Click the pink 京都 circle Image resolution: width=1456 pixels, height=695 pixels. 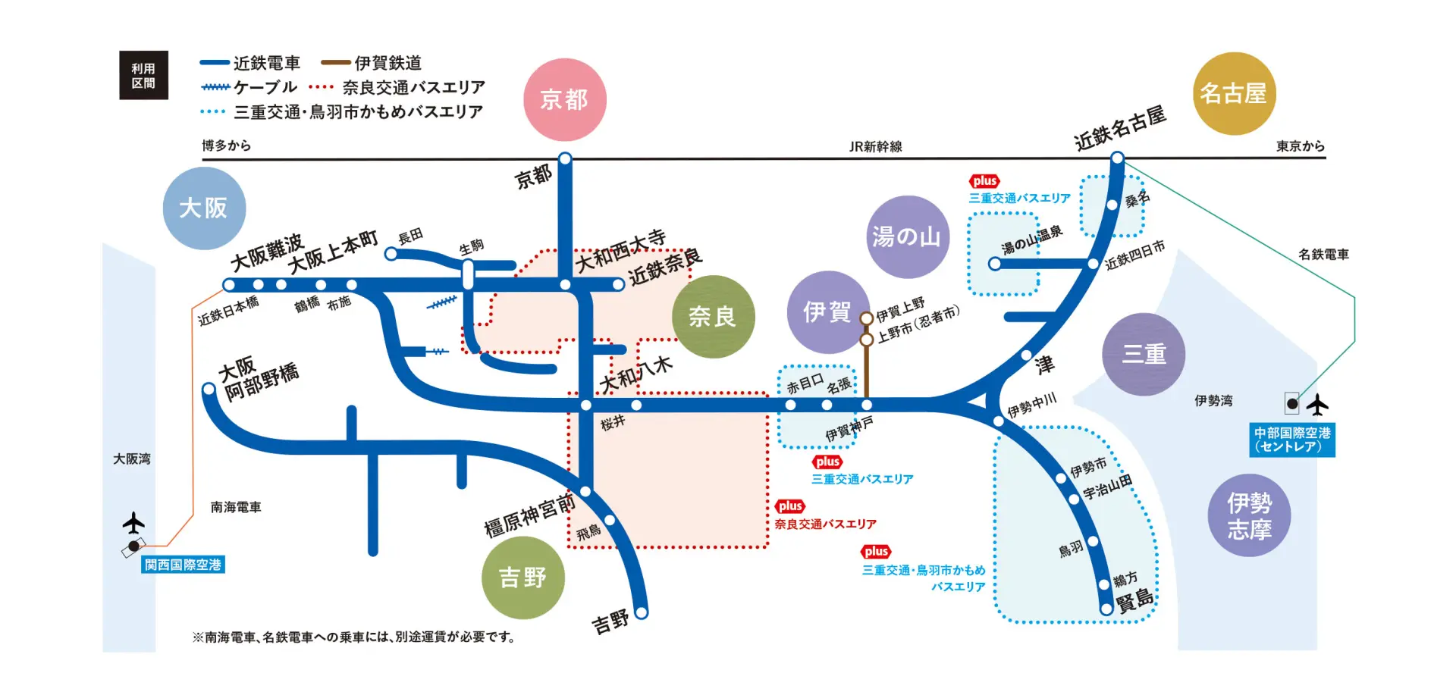point(564,99)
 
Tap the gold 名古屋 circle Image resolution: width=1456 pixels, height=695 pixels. point(1234,93)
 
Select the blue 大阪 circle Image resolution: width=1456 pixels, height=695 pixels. point(204,208)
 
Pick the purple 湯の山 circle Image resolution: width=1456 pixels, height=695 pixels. point(907,236)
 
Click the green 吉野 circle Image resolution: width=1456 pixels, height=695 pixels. point(522,578)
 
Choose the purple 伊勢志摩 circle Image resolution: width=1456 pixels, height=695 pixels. point(1249,515)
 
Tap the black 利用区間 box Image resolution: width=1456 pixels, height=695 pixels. point(143,75)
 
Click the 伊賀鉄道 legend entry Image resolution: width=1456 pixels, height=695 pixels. point(372,63)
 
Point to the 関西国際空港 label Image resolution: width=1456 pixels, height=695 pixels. point(183,565)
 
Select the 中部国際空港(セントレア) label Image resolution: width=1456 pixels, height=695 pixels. point(1291,440)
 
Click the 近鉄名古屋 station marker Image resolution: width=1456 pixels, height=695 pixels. point(1117,158)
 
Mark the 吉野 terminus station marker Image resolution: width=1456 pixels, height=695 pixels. point(642,612)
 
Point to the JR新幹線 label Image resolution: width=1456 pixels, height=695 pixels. point(875,146)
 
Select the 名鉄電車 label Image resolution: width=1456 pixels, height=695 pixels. point(1323,255)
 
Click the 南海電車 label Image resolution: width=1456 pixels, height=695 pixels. point(236,507)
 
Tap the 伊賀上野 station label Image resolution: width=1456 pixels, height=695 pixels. point(900,308)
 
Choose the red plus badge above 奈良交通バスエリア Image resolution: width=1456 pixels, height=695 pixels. point(789,506)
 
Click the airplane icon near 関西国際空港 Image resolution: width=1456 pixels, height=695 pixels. point(133,523)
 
